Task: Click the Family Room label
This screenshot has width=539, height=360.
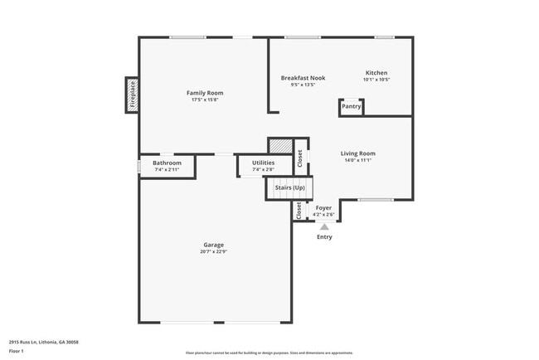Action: coord(204,93)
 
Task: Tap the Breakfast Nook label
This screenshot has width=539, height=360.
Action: coord(302,78)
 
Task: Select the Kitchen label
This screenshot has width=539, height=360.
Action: coord(376,72)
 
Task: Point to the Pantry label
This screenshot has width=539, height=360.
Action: coord(352,106)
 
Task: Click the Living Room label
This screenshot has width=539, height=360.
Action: coord(358,153)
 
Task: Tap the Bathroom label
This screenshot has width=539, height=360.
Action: coord(167,163)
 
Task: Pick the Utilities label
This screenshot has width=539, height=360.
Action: coord(263,163)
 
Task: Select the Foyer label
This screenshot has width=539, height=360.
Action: coord(323,207)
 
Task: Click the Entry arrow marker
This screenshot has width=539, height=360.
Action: coord(324,226)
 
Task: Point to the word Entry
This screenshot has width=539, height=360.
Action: coord(324,237)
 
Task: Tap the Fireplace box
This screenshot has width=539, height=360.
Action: coord(132,95)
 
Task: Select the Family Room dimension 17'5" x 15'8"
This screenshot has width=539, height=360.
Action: coord(204,100)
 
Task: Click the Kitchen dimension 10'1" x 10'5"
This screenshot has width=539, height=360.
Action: coord(376,80)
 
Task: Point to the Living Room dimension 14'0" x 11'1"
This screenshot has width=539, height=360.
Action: coord(358,161)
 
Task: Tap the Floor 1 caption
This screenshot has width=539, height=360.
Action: coord(17,351)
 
